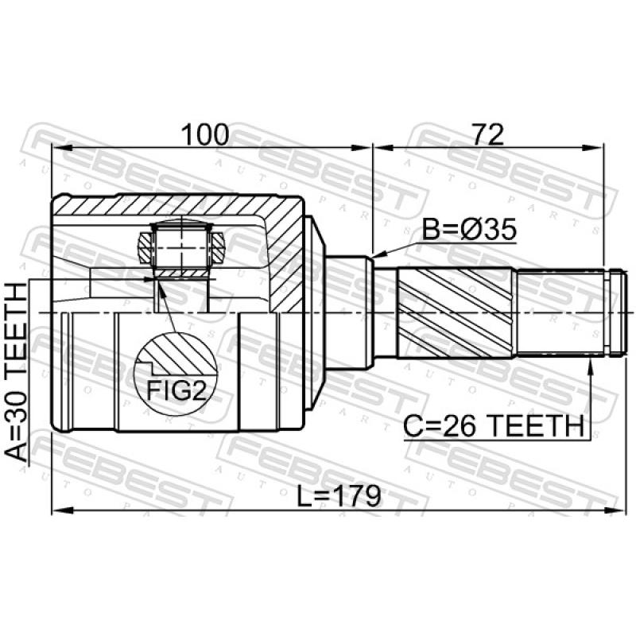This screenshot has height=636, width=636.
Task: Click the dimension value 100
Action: pos(205,134)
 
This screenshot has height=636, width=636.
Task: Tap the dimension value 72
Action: pos(488,134)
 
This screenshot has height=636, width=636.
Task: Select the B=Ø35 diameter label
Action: pos(469,229)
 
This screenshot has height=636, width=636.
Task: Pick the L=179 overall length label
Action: pos(339,496)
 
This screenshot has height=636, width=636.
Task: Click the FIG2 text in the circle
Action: pos(176,390)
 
